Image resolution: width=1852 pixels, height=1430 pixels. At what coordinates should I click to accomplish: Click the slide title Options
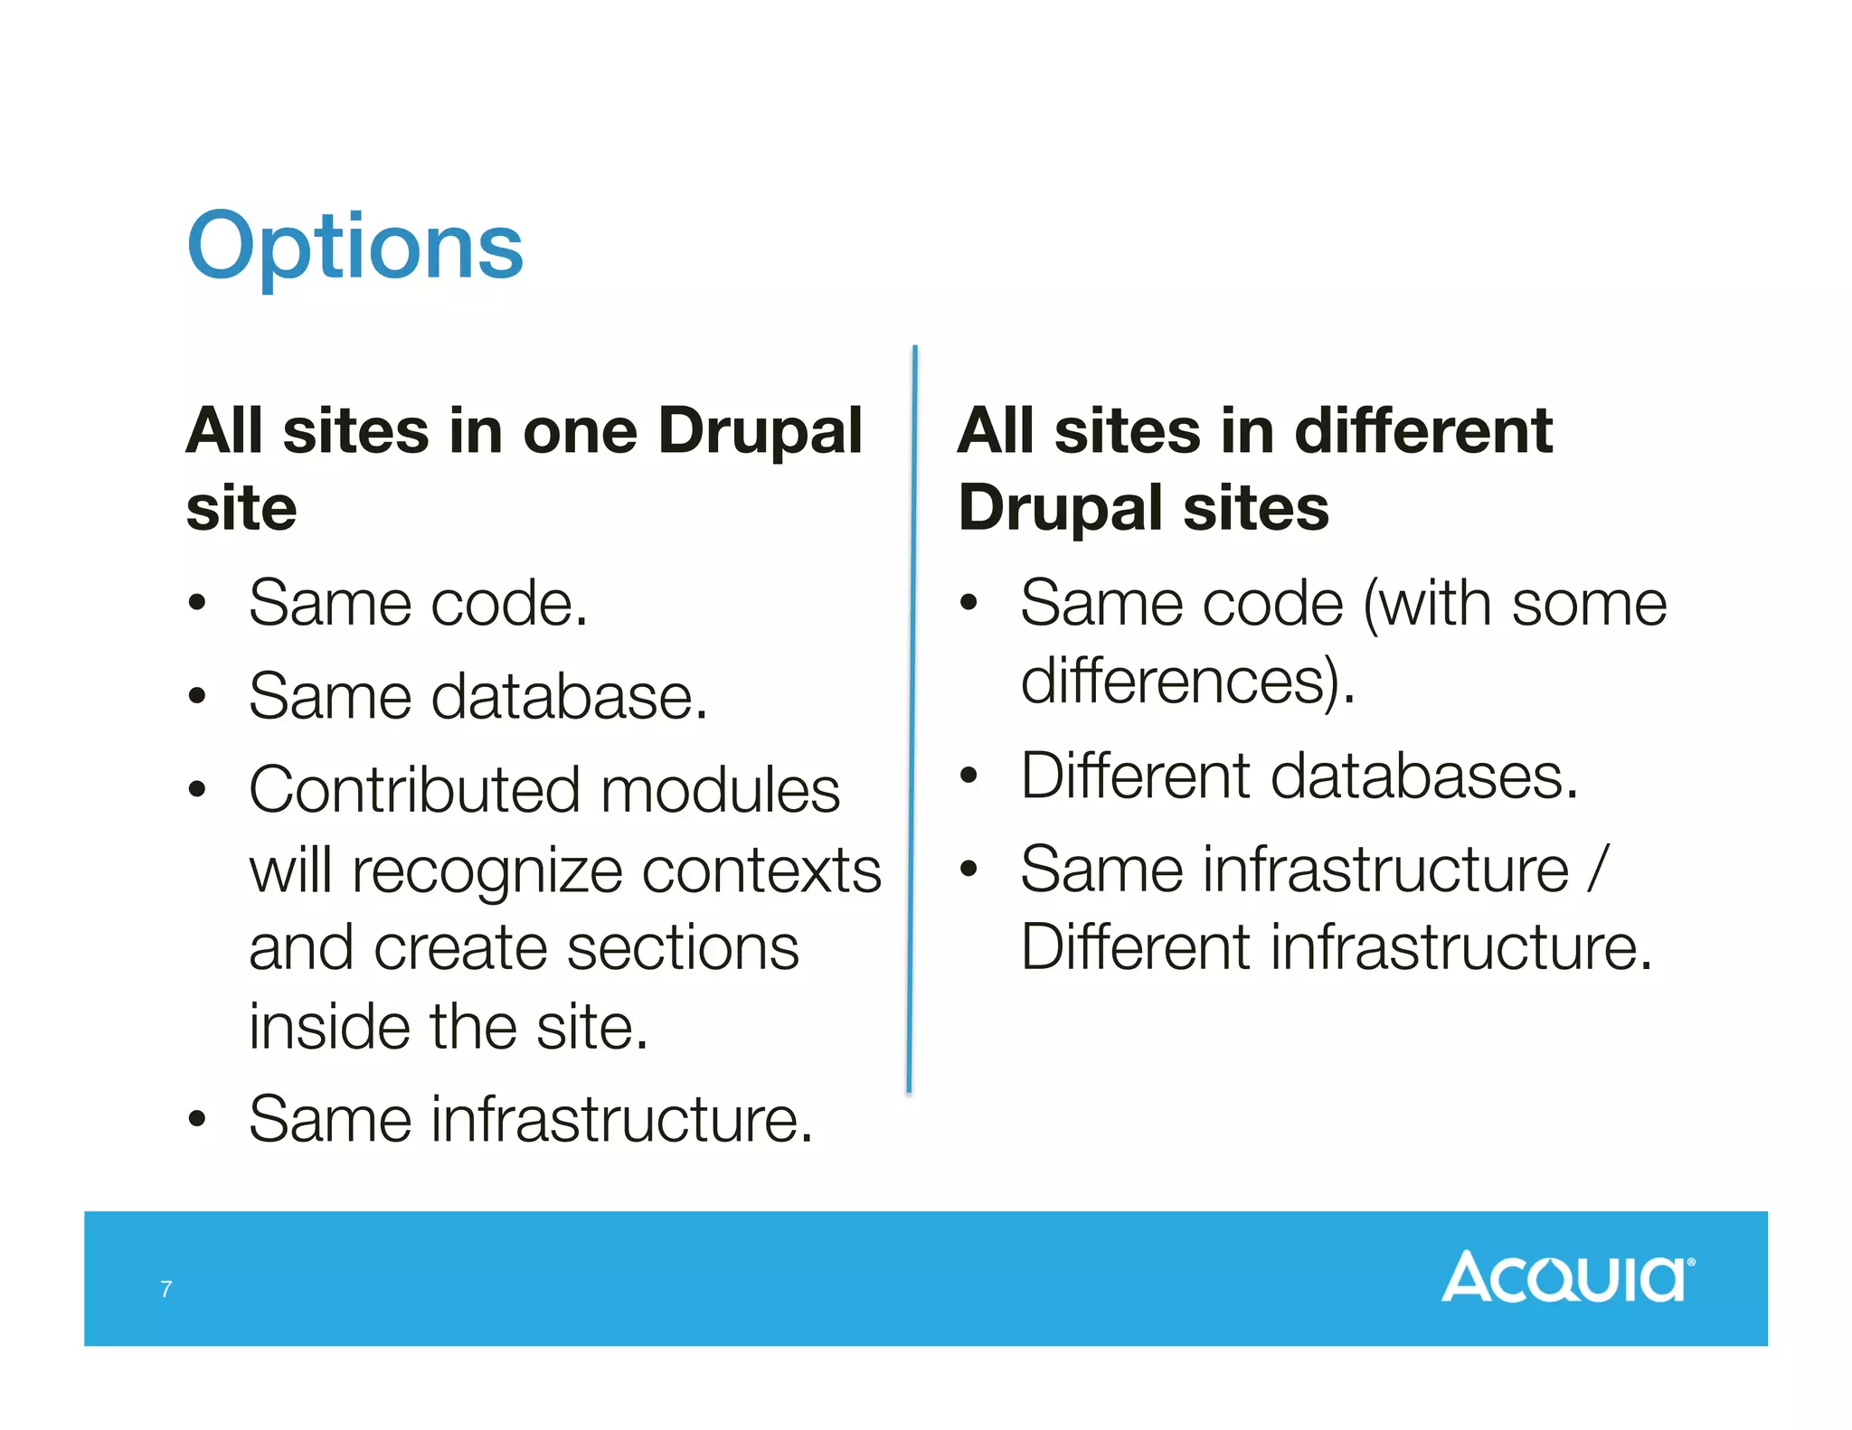click(x=354, y=246)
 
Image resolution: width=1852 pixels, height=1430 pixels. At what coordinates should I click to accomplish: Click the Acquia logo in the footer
click(x=1567, y=1276)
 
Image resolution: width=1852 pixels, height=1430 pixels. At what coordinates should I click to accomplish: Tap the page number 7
click(x=165, y=1289)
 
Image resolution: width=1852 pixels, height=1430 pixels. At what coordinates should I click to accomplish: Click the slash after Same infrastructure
click(x=1599, y=870)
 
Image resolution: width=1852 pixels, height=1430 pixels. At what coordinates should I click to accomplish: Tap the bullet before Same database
click(x=197, y=697)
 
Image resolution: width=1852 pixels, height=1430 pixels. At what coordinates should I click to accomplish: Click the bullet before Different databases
click(x=969, y=776)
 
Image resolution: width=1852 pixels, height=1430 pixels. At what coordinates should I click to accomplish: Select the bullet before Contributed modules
click(x=197, y=790)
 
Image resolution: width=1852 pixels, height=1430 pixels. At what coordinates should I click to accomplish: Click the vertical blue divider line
click(x=912, y=723)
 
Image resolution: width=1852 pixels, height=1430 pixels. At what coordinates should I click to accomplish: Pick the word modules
click(x=720, y=790)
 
